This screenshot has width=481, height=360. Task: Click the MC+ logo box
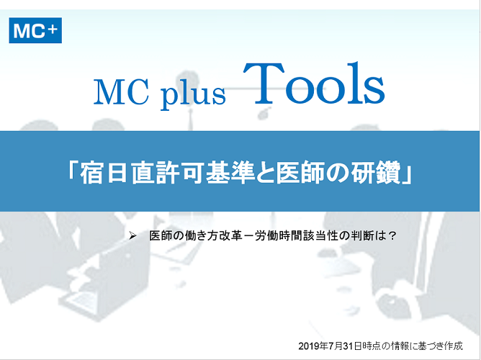pyautogui.click(x=35, y=30)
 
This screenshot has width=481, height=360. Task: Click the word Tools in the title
pyautogui.click(x=314, y=84)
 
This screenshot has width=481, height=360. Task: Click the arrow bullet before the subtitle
pyautogui.click(x=132, y=235)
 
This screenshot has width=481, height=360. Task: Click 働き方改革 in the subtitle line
pyautogui.click(x=212, y=236)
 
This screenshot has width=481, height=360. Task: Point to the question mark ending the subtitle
pyautogui.click(x=392, y=236)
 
